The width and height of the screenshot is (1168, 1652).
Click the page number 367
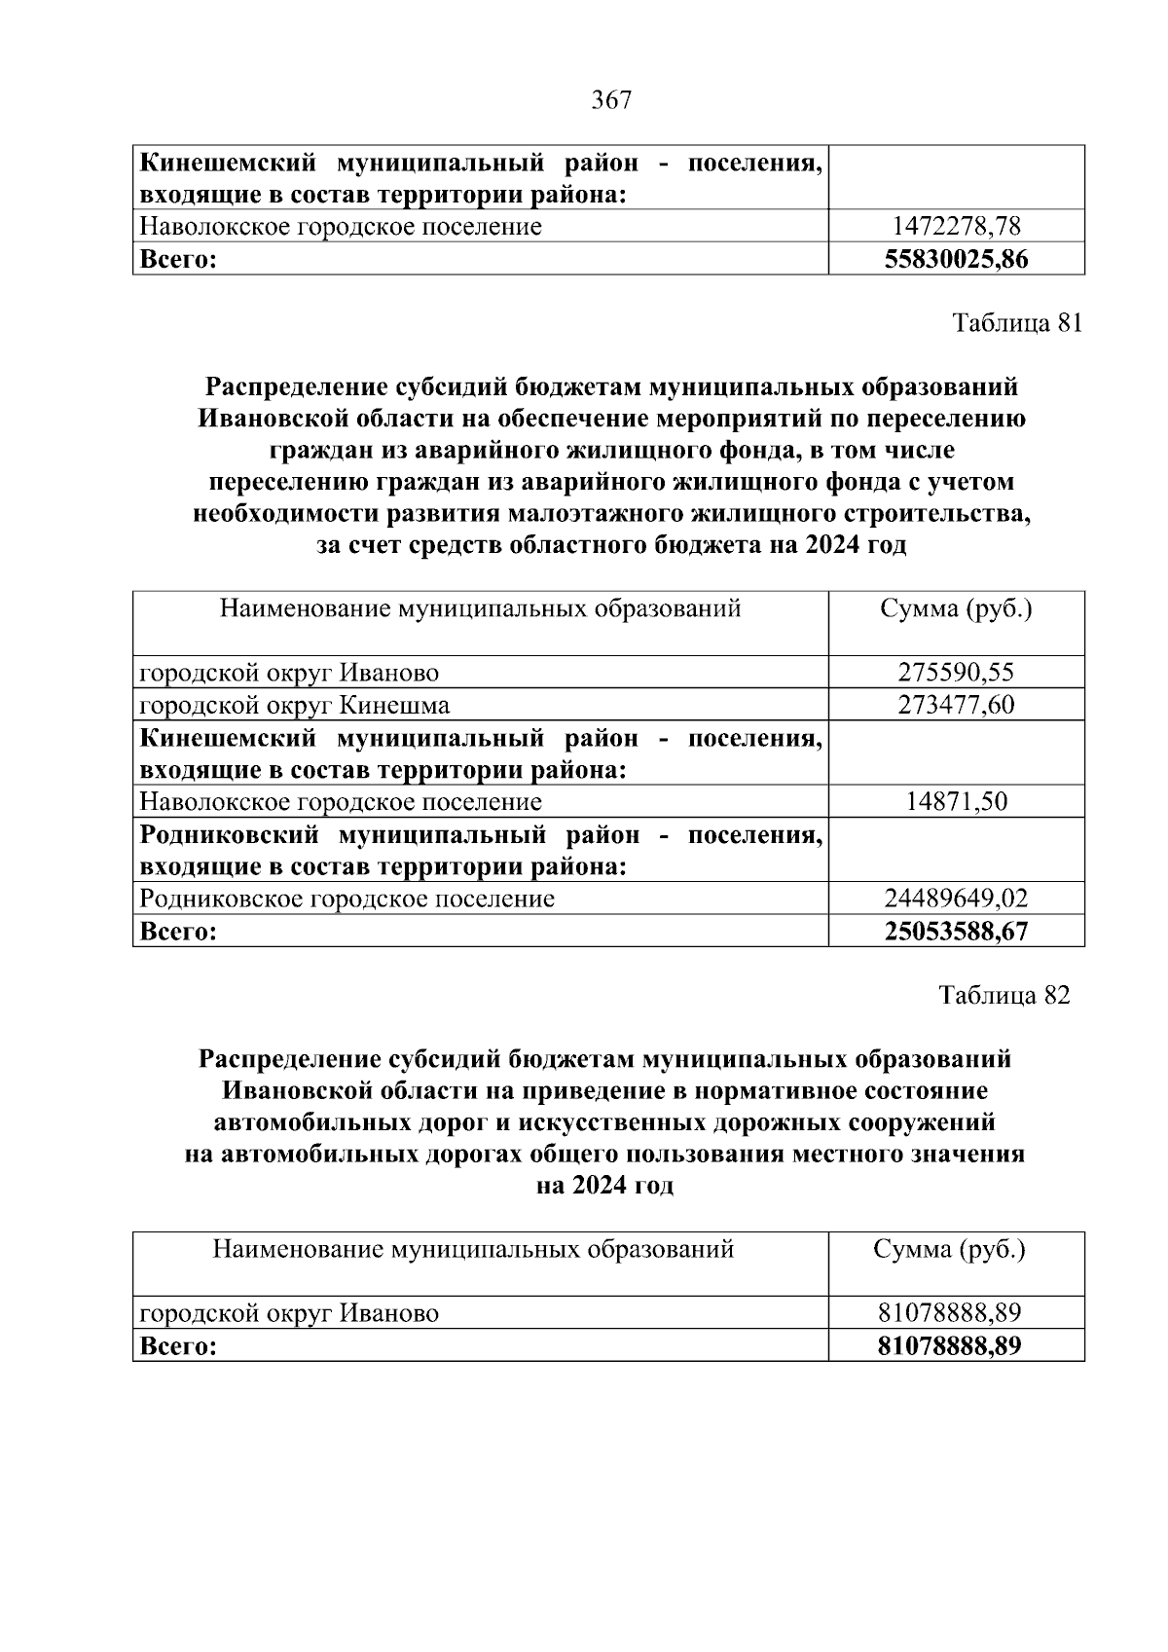pyautogui.click(x=611, y=100)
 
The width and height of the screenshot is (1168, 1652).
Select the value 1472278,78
pyautogui.click(x=956, y=227)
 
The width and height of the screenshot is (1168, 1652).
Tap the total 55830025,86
pyautogui.click(x=956, y=259)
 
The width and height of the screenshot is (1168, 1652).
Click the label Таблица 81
pyautogui.click(x=1016, y=323)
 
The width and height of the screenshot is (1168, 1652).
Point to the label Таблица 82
pyautogui.click(x=1004, y=995)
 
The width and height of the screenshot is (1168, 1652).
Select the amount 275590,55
pyautogui.click(x=956, y=672)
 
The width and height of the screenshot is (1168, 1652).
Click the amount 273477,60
pyautogui.click(x=956, y=704)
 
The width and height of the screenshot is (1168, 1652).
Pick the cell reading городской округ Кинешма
pyautogui.click(x=295, y=704)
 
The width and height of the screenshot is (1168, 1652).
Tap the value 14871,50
pyautogui.click(x=956, y=801)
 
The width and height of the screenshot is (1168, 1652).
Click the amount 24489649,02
pyautogui.click(x=956, y=898)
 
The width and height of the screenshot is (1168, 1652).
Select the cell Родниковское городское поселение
pyautogui.click(x=347, y=898)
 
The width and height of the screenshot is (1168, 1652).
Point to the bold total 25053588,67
pyautogui.click(x=956, y=931)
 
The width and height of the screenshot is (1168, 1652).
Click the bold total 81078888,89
pyautogui.click(x=949, y=1345)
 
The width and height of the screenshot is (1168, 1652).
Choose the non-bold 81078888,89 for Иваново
pyautogui.click(x=949, y=1313)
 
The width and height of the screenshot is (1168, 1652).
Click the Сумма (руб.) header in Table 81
pyautogui.click(x=956, y=609)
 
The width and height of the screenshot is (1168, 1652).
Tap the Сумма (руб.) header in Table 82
pyautogui.click(x=949, y=1250)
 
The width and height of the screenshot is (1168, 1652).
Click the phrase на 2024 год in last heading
pyautogui.click(x=604, y=1187)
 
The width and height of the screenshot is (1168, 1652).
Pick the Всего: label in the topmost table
pyautogui.click(x=177, y=259)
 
